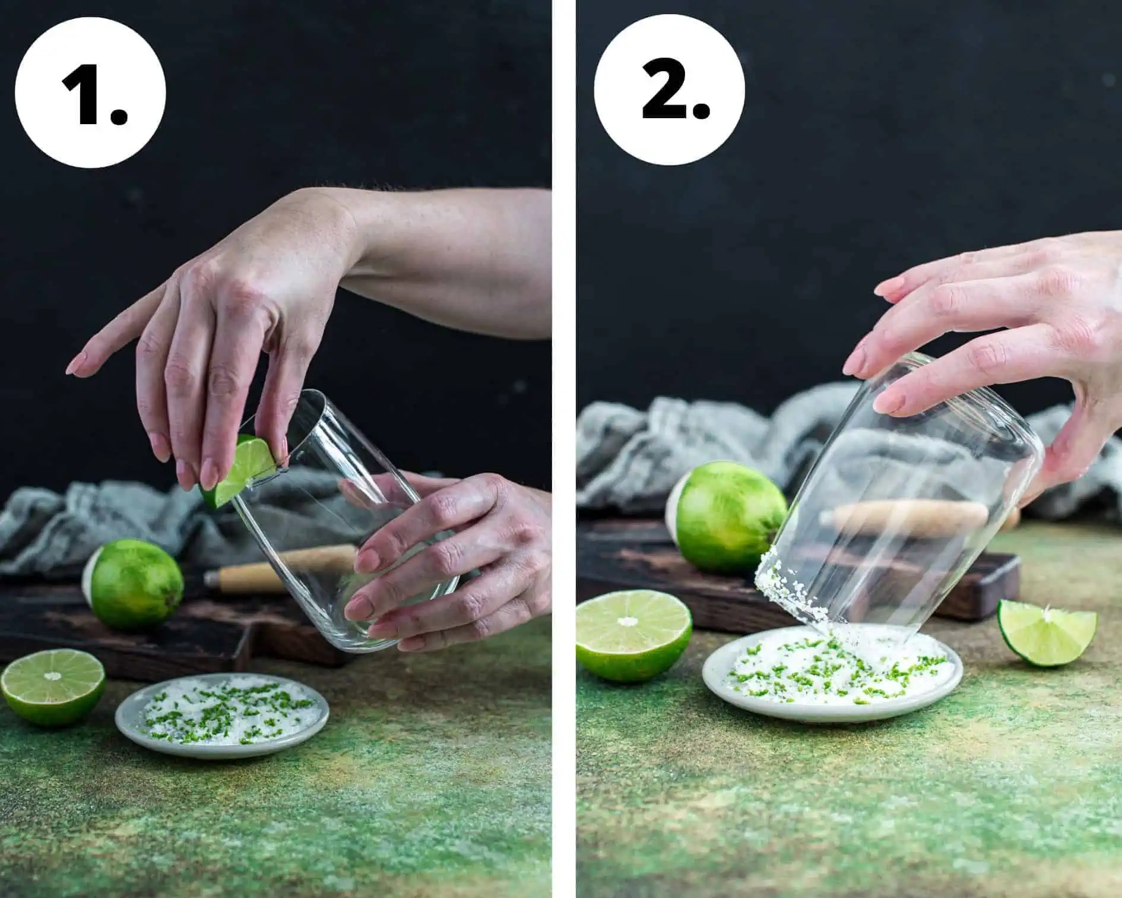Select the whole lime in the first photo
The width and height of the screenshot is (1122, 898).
[134, 584]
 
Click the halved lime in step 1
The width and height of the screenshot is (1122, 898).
[53, 688]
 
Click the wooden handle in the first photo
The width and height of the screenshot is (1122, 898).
[279, 571]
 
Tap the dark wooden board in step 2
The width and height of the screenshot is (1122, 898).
[795, 570]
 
